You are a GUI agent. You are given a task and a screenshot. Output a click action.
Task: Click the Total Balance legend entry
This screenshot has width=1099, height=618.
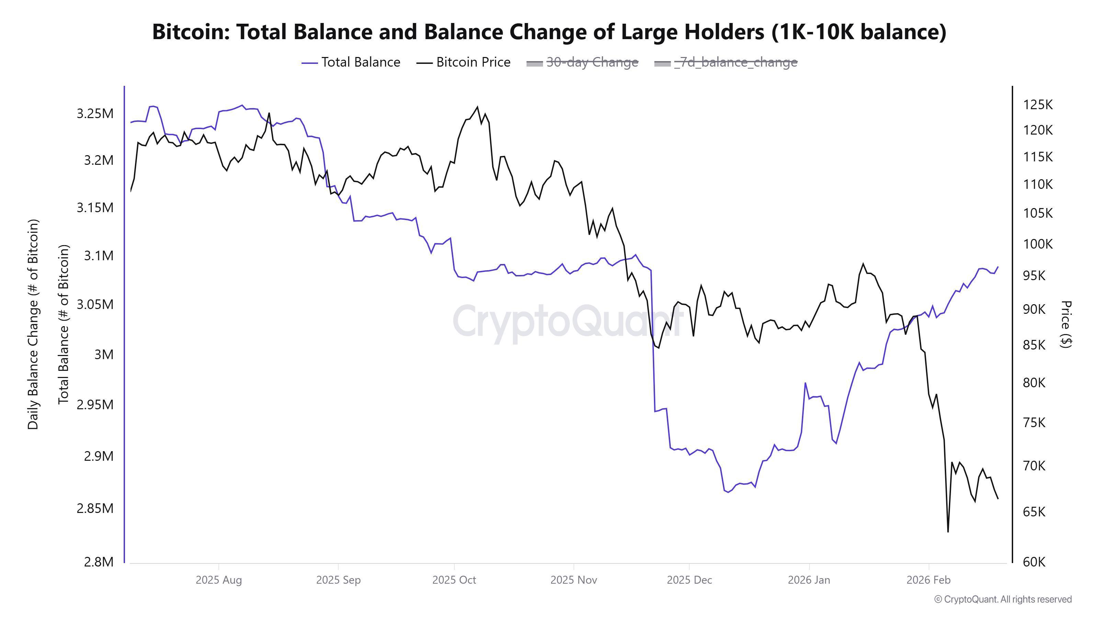pyautogui.click(x=351, y=62)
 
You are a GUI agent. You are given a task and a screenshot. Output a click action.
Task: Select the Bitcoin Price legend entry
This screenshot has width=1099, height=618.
pyautogui.click(x=463, y=62)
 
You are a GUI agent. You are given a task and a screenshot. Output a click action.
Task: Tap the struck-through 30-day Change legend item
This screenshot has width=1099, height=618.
pyautogui.click(x=582, y=62)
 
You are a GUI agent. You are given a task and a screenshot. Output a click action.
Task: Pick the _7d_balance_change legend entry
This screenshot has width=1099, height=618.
pyautogui.click(x=726, y=62)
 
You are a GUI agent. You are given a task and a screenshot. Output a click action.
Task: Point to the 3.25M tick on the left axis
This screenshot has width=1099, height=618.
pyautogui.click(x=95, y=113)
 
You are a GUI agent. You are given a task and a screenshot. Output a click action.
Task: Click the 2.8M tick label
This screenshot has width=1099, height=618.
pyautogui.click(x=99, y=562)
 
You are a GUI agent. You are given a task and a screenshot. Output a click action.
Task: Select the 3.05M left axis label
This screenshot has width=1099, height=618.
pyautogui.click(x=95, y=305)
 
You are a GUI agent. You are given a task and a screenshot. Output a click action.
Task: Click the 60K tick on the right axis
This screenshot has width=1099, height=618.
pyautogui.click(x=1034, y=562)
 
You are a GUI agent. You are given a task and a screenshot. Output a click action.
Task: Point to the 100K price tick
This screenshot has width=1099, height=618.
pyautogui.click(x=1038, y=244)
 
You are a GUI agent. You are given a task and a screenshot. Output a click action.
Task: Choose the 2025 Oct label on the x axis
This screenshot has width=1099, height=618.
pyautogui.click(x=454, y=580)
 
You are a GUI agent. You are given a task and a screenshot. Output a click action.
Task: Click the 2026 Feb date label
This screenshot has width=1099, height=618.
pyautogui.click(x=928, y=580)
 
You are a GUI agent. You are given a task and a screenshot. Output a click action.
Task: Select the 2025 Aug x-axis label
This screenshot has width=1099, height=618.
pyautogui.click(x=218, y=580)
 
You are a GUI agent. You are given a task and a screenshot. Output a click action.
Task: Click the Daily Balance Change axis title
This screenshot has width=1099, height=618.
pyautogui.click(x=33, y=324)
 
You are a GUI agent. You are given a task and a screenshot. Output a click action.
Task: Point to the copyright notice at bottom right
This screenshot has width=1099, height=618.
pyautogui.click(x=1002, y=599)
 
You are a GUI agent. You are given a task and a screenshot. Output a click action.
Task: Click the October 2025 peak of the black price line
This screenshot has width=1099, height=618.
pyautogui.click(x=477, y=107)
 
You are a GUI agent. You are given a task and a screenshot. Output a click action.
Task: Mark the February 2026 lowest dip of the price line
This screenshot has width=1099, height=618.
pyautogui.click(x=948, y=531)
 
